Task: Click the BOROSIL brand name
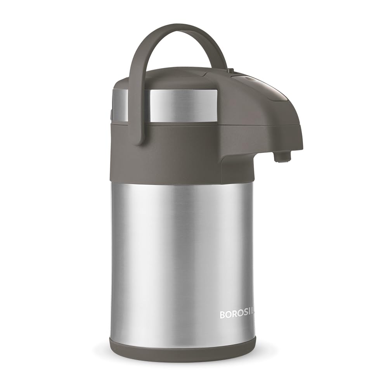pyautogui.click(x=237, y=314)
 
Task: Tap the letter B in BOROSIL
pyautogui.click(x=223, y=314)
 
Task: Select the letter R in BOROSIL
pyautogui.click(x=234, y=314)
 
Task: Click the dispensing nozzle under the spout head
pyautogui.click(x=282, y=156)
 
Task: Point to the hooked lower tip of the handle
pyautogui.click(x=140, y=140)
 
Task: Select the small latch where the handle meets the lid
pyautogui.click(x=231, y=71)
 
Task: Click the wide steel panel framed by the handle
pyautogui.click(x=182, y=105)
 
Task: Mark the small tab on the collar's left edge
pyautogui.click(x=111, y=115)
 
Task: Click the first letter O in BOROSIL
pyautogui.click(x=228, y=314)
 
